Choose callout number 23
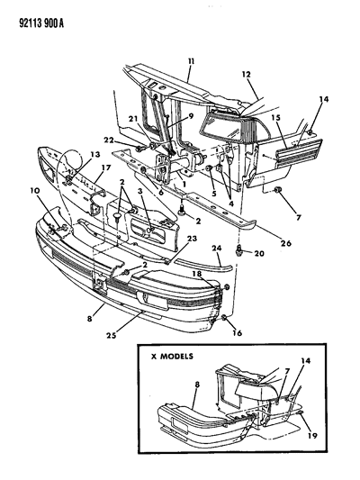(x=192, y=239)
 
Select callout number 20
(x=260, y=255)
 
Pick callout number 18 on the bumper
(x=195, y=272)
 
